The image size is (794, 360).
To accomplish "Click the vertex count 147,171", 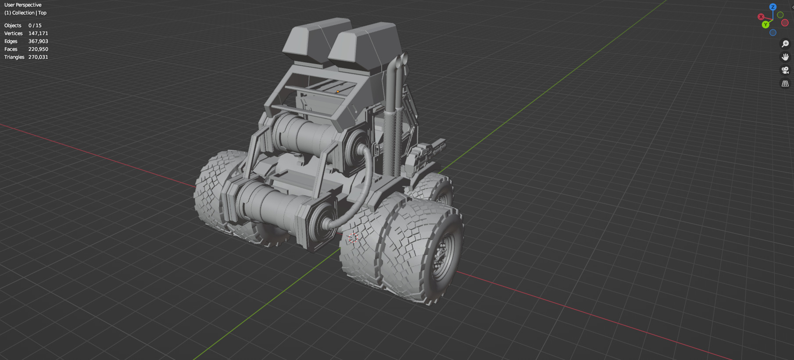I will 38,33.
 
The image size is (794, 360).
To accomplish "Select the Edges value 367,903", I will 38,41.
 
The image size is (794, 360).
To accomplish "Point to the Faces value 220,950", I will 38,49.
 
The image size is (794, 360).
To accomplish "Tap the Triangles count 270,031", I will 38,57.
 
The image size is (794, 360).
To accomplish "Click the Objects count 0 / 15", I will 35,25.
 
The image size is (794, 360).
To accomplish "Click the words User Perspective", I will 23,5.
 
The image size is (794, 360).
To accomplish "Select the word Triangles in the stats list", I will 14,57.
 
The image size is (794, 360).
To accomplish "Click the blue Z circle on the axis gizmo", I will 773,7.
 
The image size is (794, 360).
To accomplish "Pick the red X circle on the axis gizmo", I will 761,17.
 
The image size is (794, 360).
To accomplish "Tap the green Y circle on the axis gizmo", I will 765,25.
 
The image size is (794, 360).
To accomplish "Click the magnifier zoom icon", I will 785,44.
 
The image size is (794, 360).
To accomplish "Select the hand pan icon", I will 785,57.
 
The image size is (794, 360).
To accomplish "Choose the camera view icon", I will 785,70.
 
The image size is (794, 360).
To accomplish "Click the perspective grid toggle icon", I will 785,83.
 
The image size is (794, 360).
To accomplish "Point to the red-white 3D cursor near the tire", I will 353,238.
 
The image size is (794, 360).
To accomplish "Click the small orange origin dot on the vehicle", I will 338,92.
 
